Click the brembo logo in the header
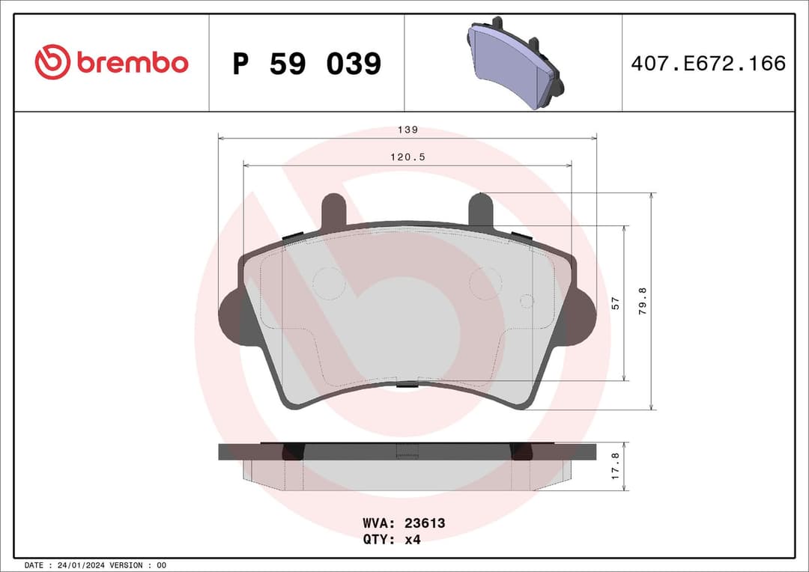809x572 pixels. pos(111,63)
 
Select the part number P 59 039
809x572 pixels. pos(306,64)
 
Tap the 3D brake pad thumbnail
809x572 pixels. pos(515,64)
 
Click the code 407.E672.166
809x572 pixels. pos(708,64)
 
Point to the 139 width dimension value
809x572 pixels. pos(407,130)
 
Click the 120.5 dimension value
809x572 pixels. pos(407,157)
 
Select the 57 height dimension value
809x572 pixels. pos(616,303)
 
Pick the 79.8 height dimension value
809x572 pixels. pos(642,301)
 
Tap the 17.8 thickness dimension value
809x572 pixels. pos(616,466)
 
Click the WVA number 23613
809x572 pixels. pos(425,523)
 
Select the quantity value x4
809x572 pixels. pos(412,540)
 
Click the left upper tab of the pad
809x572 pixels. pos(333,210)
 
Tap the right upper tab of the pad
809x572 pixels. pos(481,210)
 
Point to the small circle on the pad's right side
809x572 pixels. pos(527,301)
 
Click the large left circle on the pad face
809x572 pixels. pos(328,283)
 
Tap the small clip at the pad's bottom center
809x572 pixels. pos(407,385)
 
